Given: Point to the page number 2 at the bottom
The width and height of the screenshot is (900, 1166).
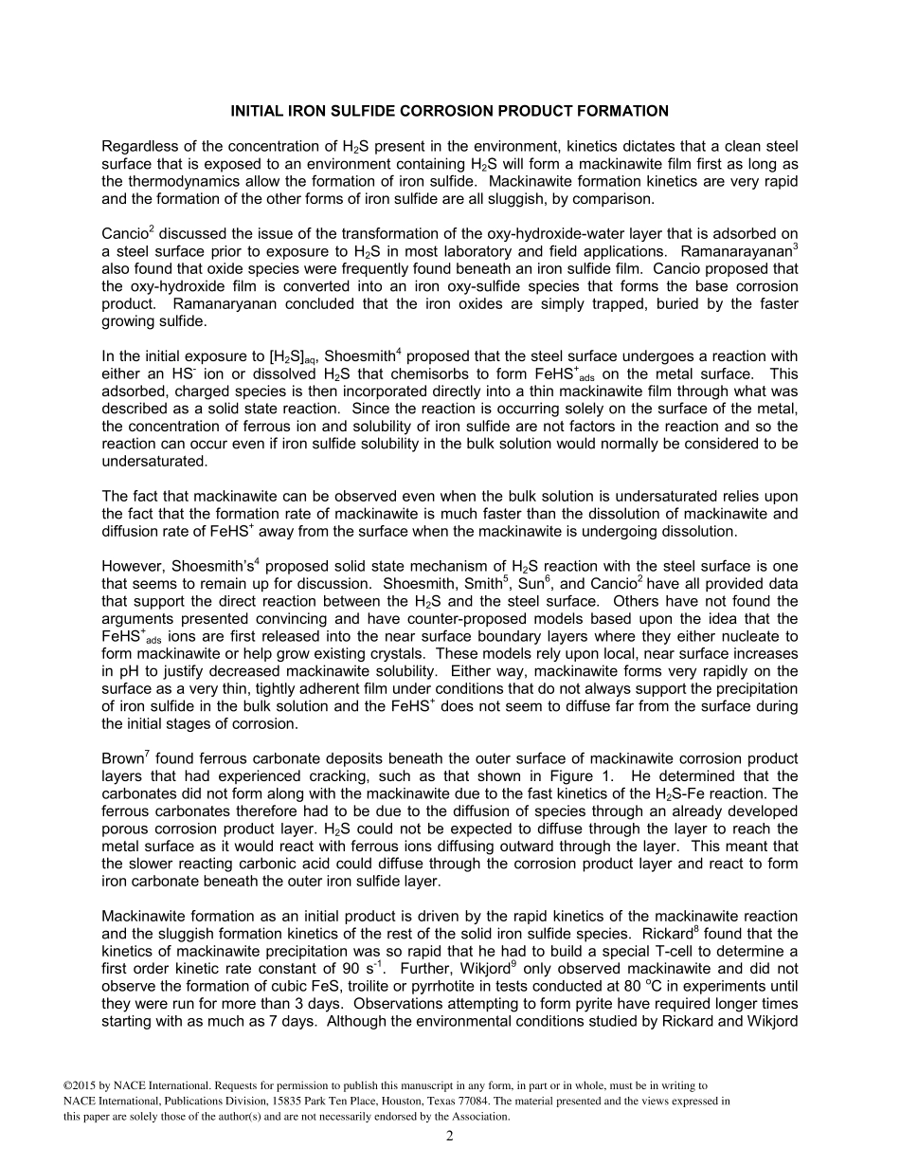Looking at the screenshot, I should point(450,1137).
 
